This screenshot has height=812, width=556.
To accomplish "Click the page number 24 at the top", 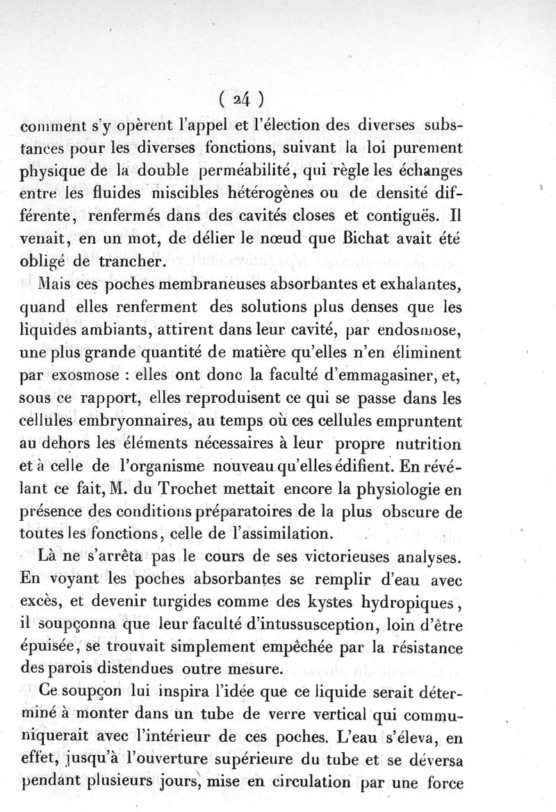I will click(x=240, y=99).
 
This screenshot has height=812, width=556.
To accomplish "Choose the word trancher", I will click(x=134, y=262).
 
